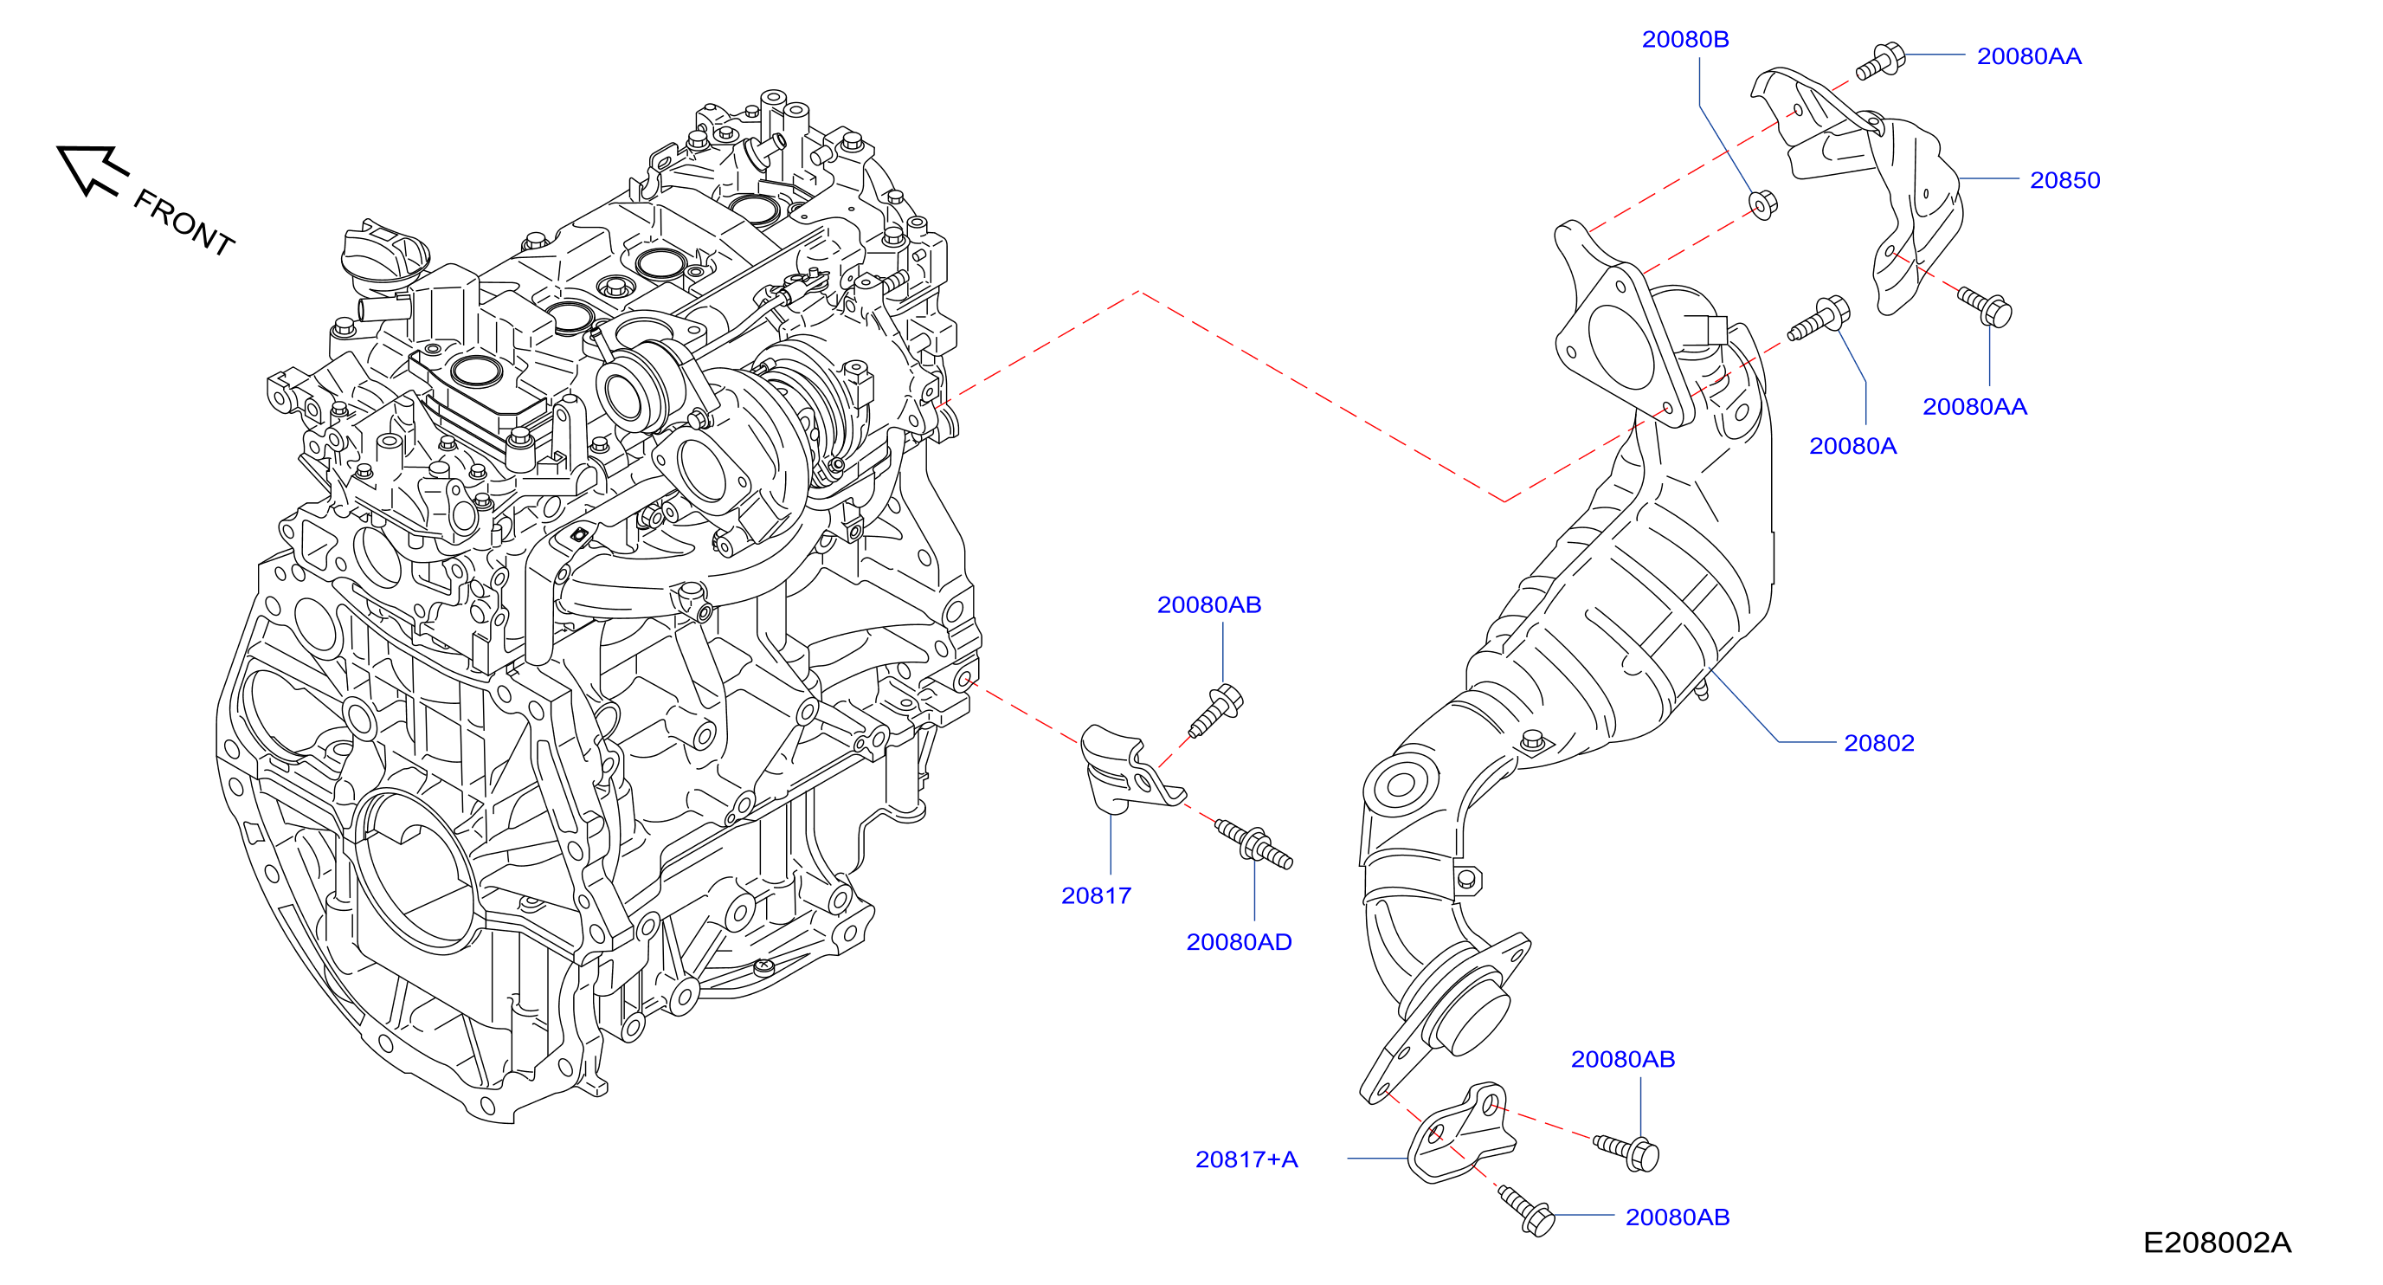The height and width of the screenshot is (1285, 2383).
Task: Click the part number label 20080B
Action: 1684,40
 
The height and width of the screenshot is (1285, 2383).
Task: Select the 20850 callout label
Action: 2064,180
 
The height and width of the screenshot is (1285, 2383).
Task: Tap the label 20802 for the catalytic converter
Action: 1879,743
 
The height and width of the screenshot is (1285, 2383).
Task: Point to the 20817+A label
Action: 1246,1159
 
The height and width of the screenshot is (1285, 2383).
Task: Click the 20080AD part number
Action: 1239,942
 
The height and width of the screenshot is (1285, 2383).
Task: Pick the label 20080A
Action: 1852,446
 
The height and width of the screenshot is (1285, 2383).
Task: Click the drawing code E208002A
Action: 2217,1243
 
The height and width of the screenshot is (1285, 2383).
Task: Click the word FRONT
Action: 184,222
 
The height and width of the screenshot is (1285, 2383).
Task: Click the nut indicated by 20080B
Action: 1762,204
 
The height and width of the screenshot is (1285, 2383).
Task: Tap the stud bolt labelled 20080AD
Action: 1253,843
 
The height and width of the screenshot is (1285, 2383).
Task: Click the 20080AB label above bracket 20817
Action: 1209,605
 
